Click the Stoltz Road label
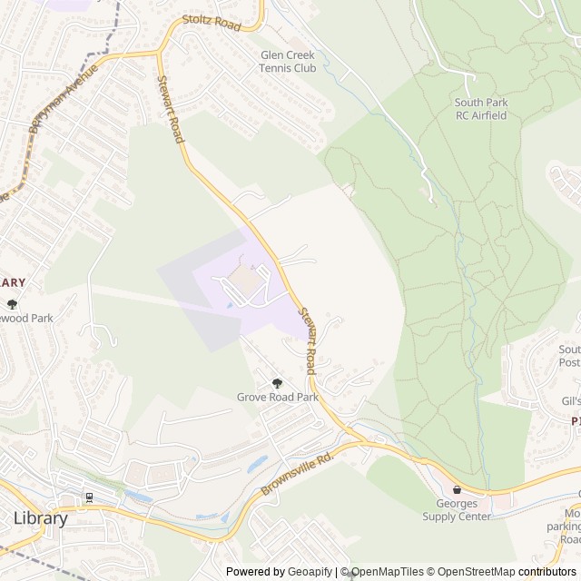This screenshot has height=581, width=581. pyautogui.click(x=212, y=23)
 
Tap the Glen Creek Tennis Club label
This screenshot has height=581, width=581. pyautogui.click(x=287, y=61)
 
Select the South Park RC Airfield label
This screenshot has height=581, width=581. pyautogui.click(x=481, y=109)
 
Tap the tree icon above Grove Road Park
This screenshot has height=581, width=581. pyautogui.click(x=277, y=383)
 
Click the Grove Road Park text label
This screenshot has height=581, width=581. pyautogui.click(x=277, y=397)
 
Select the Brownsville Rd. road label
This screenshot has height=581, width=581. pyautogui.click(x=299, y=471)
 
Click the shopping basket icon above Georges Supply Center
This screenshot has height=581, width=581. pyautogui.click(x=457, y=489)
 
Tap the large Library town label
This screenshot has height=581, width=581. pyautogui.click(x=41, y=518)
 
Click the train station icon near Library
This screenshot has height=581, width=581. pyautogui.click(x=89, y=497)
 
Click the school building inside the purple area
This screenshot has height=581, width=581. pyautogui.click(x=241, y=281)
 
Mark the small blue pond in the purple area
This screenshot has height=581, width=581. pyautogui.click(x=228, y=305)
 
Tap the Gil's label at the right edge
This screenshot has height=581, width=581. pyautogui.click(x=570, y=401)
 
